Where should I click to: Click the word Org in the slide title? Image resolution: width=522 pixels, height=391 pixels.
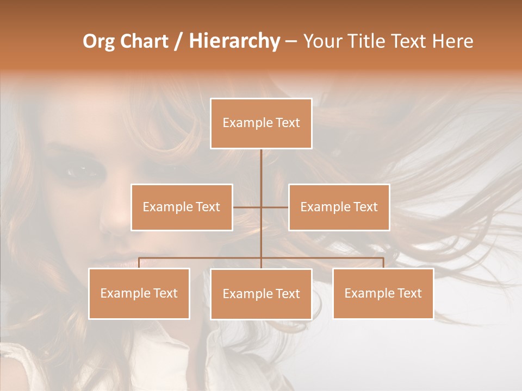(98, 41)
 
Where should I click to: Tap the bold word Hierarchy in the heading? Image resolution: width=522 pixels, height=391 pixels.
(234, 41)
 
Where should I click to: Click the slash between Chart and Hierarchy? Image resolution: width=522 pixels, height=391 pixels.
(178, 41)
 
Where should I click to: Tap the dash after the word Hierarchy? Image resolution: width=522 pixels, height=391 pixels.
(291, 42)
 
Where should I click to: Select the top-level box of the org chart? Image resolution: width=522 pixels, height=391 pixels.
(261, 123)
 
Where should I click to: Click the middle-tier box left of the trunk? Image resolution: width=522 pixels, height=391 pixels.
(182, 207)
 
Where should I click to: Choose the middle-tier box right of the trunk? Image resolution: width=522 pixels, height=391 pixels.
(339, 207)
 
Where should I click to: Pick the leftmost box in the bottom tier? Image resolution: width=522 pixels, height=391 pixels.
(139, 293)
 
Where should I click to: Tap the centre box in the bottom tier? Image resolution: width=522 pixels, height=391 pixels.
(261, 294)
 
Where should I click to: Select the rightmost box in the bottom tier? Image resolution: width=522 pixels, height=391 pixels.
(383, 293)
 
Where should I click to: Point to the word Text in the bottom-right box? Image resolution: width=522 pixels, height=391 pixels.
(409, 293)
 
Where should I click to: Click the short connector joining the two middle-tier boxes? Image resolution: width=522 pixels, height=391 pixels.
(247, 207)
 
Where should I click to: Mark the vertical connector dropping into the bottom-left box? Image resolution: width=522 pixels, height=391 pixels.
(139, 263)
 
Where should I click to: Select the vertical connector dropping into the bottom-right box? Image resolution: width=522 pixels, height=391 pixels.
(383, 263)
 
